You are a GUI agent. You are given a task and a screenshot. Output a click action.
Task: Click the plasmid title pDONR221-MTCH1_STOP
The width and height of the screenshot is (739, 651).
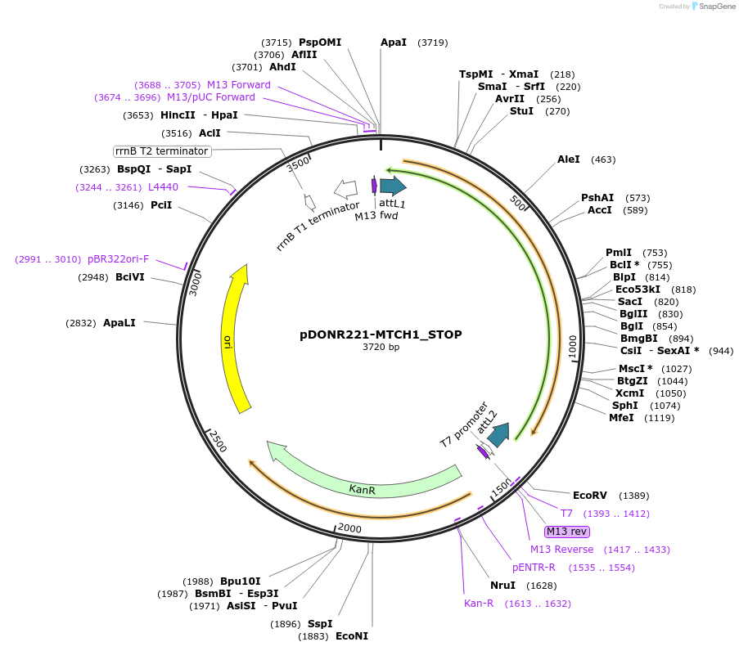coord(381,334)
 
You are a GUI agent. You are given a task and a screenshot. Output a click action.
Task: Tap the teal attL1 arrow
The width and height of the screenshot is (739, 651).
coord(393,186)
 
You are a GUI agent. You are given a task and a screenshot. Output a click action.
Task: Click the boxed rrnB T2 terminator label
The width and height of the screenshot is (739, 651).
coord(162,151)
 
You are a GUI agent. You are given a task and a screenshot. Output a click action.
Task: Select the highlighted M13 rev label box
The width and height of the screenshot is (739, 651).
coord(567,532)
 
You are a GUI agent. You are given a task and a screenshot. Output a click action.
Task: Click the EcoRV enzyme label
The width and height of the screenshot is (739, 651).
coord(589,496)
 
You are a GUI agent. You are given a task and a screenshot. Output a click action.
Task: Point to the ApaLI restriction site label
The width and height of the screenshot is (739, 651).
coord(119,323)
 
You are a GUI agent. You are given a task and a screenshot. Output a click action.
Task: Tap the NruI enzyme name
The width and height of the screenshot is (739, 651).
coord(502,586)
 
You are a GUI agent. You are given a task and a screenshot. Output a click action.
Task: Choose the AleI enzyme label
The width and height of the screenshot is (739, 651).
coord(568,159)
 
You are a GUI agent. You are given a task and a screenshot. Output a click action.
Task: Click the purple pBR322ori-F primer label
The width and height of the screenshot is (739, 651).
coord(119,259)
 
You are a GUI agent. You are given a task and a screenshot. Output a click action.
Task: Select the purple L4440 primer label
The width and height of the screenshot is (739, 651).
coord(163,187)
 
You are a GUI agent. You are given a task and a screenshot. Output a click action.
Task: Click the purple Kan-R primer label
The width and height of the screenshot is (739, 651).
coord(479,604)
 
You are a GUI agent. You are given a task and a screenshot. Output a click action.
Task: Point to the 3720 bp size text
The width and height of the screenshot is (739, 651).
coord(381,348)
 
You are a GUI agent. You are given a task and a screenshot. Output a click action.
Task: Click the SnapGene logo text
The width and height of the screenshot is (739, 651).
coord(716,7)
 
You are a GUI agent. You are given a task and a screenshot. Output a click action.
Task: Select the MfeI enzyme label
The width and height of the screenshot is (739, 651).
coord(621,418)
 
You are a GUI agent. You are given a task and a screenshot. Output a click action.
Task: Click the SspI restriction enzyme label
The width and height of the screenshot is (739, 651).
coord(320,623)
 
